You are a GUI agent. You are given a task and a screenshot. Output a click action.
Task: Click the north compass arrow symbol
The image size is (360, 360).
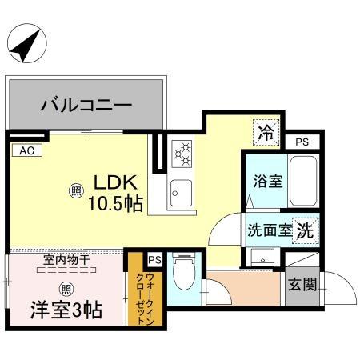29,45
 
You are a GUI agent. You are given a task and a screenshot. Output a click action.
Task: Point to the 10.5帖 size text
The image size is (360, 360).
115,204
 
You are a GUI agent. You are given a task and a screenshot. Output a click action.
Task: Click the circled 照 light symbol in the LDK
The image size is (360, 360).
76,191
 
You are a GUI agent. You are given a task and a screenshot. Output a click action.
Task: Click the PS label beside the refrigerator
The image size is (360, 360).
302,142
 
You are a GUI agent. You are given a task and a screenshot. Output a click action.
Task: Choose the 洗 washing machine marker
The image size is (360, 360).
305,230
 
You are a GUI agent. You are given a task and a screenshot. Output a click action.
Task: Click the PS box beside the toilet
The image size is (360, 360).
154,259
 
